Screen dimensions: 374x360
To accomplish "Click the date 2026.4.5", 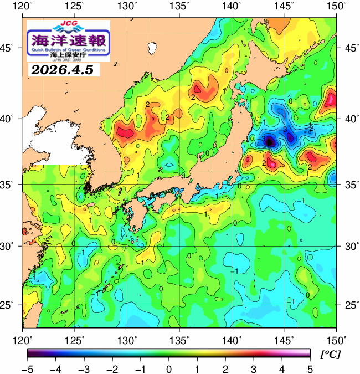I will [x=62, y=70].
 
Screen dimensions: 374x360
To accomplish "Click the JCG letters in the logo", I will [x=69, y=24].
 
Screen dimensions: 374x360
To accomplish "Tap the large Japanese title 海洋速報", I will [x=69, y=40].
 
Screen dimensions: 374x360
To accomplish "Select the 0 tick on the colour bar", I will [x=168, y=369].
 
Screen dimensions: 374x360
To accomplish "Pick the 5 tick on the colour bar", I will [x=310, y=369].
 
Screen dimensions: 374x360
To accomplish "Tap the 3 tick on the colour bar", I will [x=253, y=369].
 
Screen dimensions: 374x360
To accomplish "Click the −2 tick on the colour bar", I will [x=112, y=369].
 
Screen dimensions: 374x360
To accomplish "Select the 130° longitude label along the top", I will [x=128, y=7].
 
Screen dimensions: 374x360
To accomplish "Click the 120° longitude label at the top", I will [x=23, y=7].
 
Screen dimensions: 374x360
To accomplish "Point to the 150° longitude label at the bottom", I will [x=336, y=339].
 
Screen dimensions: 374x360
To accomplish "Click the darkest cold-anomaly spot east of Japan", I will [x=270, y=142].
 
